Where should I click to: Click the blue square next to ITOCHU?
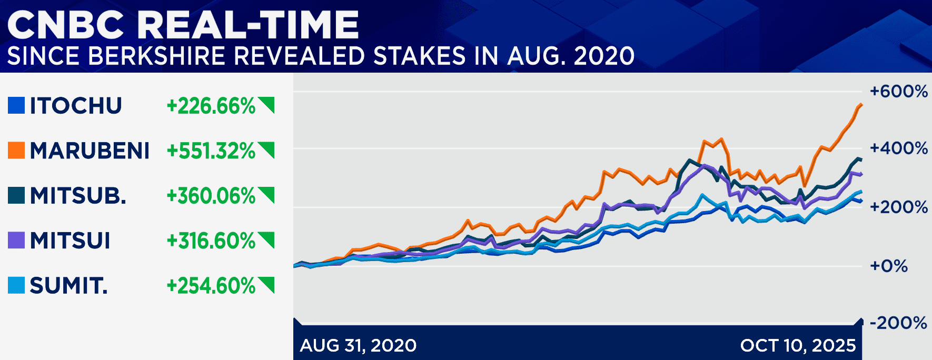coord(16,105)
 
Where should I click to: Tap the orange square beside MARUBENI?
coord(16,150)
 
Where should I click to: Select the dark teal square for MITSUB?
coord(16,195)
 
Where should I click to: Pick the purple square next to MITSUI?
coord(16,241)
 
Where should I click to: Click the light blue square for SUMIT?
coord(16,285)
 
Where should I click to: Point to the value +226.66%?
coord(211,106)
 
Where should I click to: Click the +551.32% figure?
coord(211,151)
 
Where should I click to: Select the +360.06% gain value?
coord(211,196)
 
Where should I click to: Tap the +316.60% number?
coord(211,241)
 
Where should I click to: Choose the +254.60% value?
coord(211,286)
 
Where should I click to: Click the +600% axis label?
coord(898,91)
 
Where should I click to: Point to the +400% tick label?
coord(898,148)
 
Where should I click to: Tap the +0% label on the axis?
coord(889,266)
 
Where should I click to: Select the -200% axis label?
coord(898,323)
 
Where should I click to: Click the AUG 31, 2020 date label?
coord(358,345)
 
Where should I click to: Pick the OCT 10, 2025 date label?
coord(798,345)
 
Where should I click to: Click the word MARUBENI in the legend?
coord(90,151)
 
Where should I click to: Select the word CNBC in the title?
coord(65,25)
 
